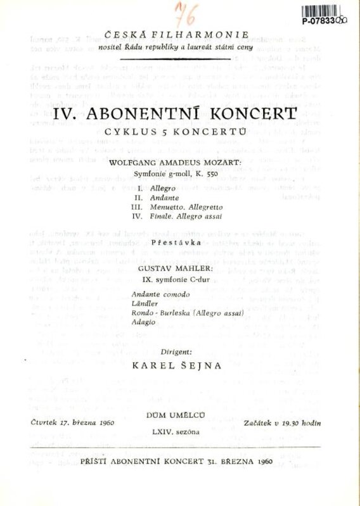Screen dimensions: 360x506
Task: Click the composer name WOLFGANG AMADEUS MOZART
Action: point(176,162)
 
